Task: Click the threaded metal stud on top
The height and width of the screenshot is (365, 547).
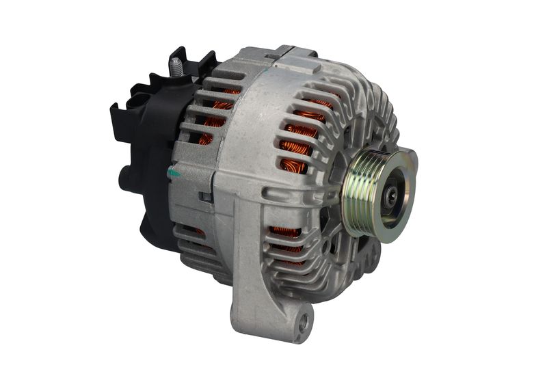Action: pyautogui.click(x=176, y=66)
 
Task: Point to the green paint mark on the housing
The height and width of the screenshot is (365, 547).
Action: pyautogui.click(x=174, y=174)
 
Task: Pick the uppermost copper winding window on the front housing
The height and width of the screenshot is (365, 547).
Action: pyautogui.click(x=316, y=105)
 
